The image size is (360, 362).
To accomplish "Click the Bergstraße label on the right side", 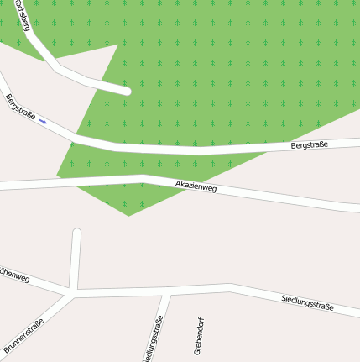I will click(x=309, y=145).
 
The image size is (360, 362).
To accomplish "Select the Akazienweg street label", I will click(x=196, y=186).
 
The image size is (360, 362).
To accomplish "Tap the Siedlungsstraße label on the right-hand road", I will click(x=307, y=302).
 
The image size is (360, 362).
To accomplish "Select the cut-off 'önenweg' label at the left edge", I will click(x=14, y=275).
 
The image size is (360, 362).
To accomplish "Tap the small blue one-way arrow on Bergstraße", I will click(x=43, y=122).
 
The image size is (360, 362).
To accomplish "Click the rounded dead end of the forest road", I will click(x=127, y=90).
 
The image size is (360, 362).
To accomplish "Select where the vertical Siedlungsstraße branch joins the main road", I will click(x=169, y=292).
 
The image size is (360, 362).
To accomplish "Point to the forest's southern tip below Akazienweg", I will click(x=128, y=215).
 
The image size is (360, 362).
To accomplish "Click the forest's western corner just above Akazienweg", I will click(x=57, y=176).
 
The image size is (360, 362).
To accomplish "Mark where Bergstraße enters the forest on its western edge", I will click(x=78, y=134).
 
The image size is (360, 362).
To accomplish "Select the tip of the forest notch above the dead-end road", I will click(x=117, y=45).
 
